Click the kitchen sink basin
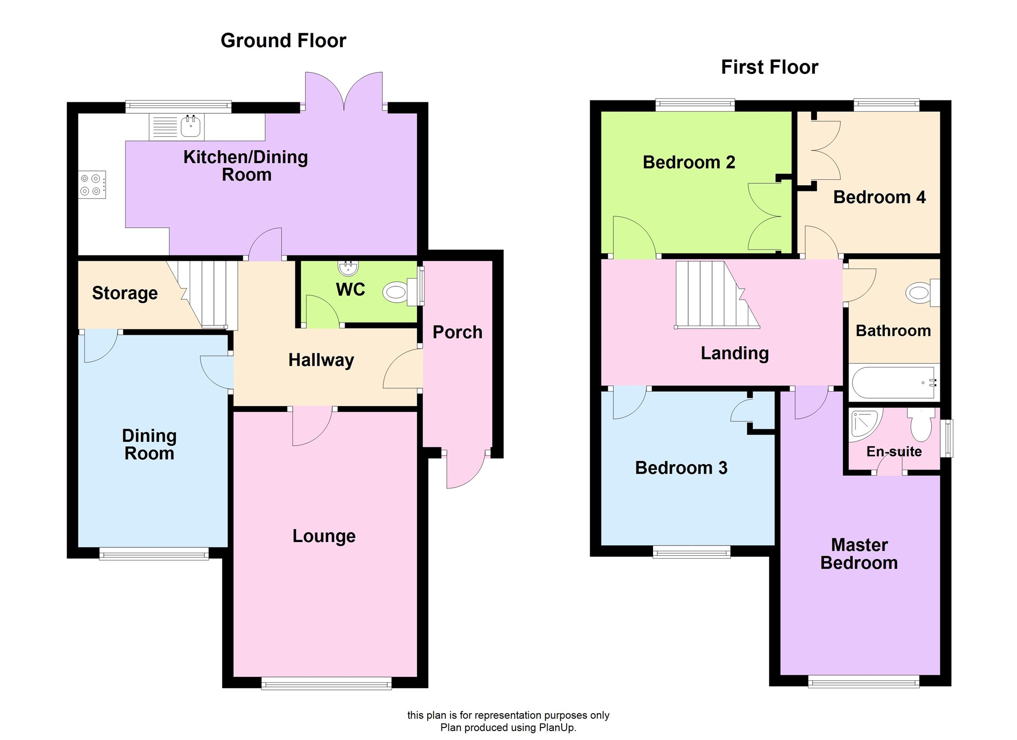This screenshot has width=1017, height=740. pos(191,127)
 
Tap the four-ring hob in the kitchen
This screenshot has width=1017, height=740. pos(92,185)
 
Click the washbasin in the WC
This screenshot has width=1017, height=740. pos(348,268)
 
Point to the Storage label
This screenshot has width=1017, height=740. pos(125,293)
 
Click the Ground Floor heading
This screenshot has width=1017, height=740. pos(283,41)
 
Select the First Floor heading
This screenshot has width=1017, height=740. pos(769,67)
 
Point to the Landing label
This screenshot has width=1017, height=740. pos(734,353)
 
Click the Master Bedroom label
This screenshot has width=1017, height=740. pos(859,554)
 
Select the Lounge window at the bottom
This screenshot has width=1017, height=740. pos(326,685)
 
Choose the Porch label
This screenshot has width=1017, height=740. pos(457,332)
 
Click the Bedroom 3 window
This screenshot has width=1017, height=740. pos(691,552)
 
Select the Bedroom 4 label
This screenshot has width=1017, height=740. pos(879,197)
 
